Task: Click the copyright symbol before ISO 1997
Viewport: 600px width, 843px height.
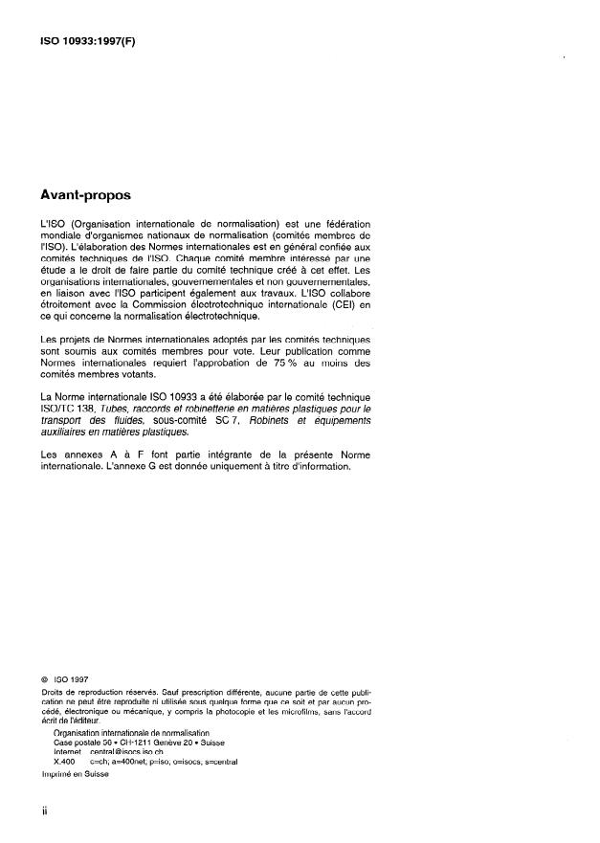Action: coord(33,682)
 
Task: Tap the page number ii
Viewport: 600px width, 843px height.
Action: coord(33,810)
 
